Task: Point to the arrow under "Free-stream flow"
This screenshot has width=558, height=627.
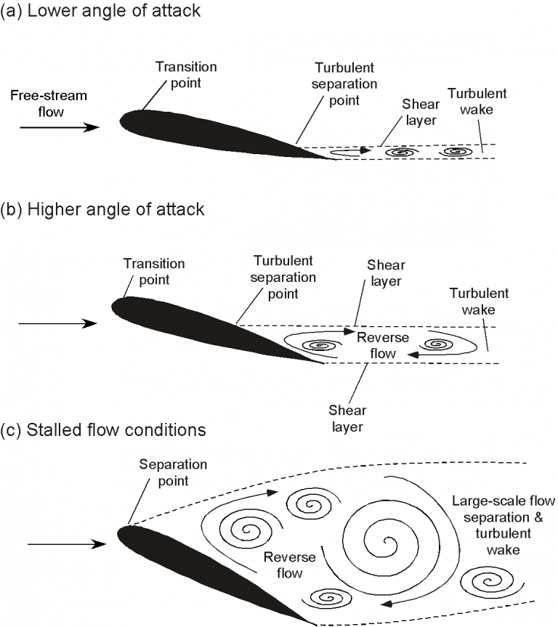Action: click(x=59, y=127)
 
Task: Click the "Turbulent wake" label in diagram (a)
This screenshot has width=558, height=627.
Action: click(x=477, y=102)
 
